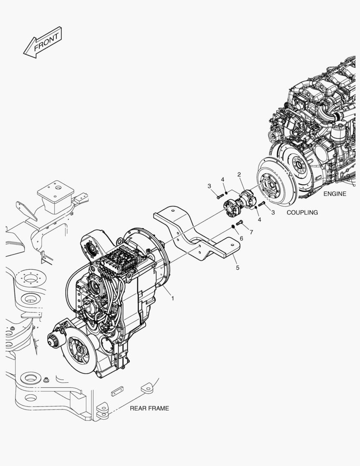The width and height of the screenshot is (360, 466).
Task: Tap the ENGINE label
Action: point(335,194)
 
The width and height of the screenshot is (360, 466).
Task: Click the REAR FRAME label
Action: point(149,408)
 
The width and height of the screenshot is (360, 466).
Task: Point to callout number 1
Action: point(172,298)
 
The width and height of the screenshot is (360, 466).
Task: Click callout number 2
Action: point(239,174)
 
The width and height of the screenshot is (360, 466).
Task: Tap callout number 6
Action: point(241,238)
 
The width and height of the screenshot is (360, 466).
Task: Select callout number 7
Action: point(251,233)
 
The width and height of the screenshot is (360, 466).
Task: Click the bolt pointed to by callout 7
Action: point(240,222)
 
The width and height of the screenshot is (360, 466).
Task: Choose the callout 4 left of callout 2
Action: point(222,179)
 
